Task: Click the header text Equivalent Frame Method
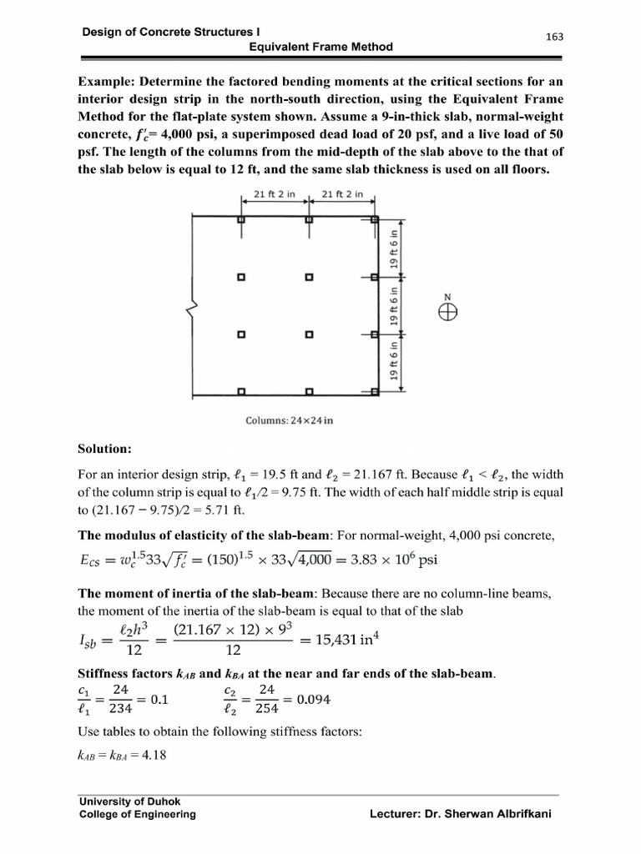(x=321, y=48)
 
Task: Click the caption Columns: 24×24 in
(x=289, y=419)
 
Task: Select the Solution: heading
(x=105, y=449)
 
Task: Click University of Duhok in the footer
(x=124, y=801)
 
